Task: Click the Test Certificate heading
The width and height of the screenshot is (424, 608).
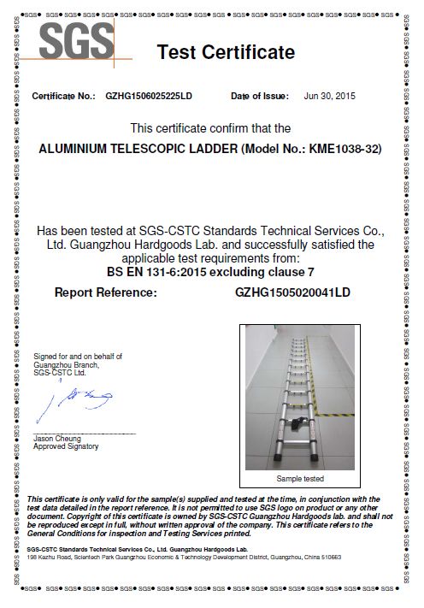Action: pyautogui.click(x=226, y=53)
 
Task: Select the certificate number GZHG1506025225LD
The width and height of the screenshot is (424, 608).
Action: pyautogui.click(x=149, y=96)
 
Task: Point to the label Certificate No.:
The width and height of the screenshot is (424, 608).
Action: pyautogui.click(x=63, y=96)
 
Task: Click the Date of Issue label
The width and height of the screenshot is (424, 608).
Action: pyautogui.click(x=261, y=96)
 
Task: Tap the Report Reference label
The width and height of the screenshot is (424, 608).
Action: pyautogui.click(x=106, y=292)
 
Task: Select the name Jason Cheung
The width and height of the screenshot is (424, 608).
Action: pyautogui.click(x=56, y=438)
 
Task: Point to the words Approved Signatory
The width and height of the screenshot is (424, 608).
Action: pyautogui.click(x=66, y=446)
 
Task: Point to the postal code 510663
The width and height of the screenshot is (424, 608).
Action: pyautogui.click(x=330, y=557)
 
